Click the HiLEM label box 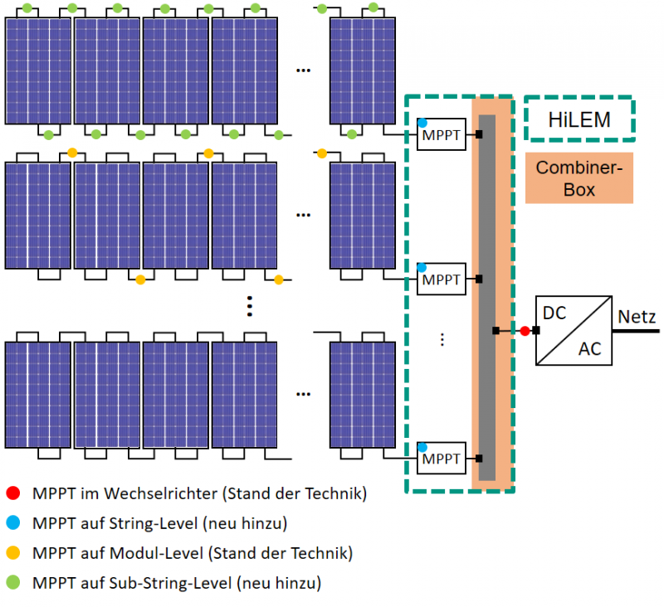coord(579,119)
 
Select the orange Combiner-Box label coord(579,177)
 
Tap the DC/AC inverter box coord(574,330)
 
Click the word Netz coord(637,317)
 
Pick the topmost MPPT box coord(441,134)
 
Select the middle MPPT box coord(441,279)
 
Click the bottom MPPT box coord(441,458)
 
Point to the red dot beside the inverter coord(525,331)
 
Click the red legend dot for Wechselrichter coord(12,494)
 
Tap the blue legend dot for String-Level coord(12,523)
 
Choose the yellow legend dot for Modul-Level coord(12,552)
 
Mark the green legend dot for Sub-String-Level coord(12,582)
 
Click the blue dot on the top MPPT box coord(422,123)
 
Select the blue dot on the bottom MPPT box coord(422,447)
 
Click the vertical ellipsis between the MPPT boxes coord(442,338)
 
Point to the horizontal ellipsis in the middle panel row coord(303,215)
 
